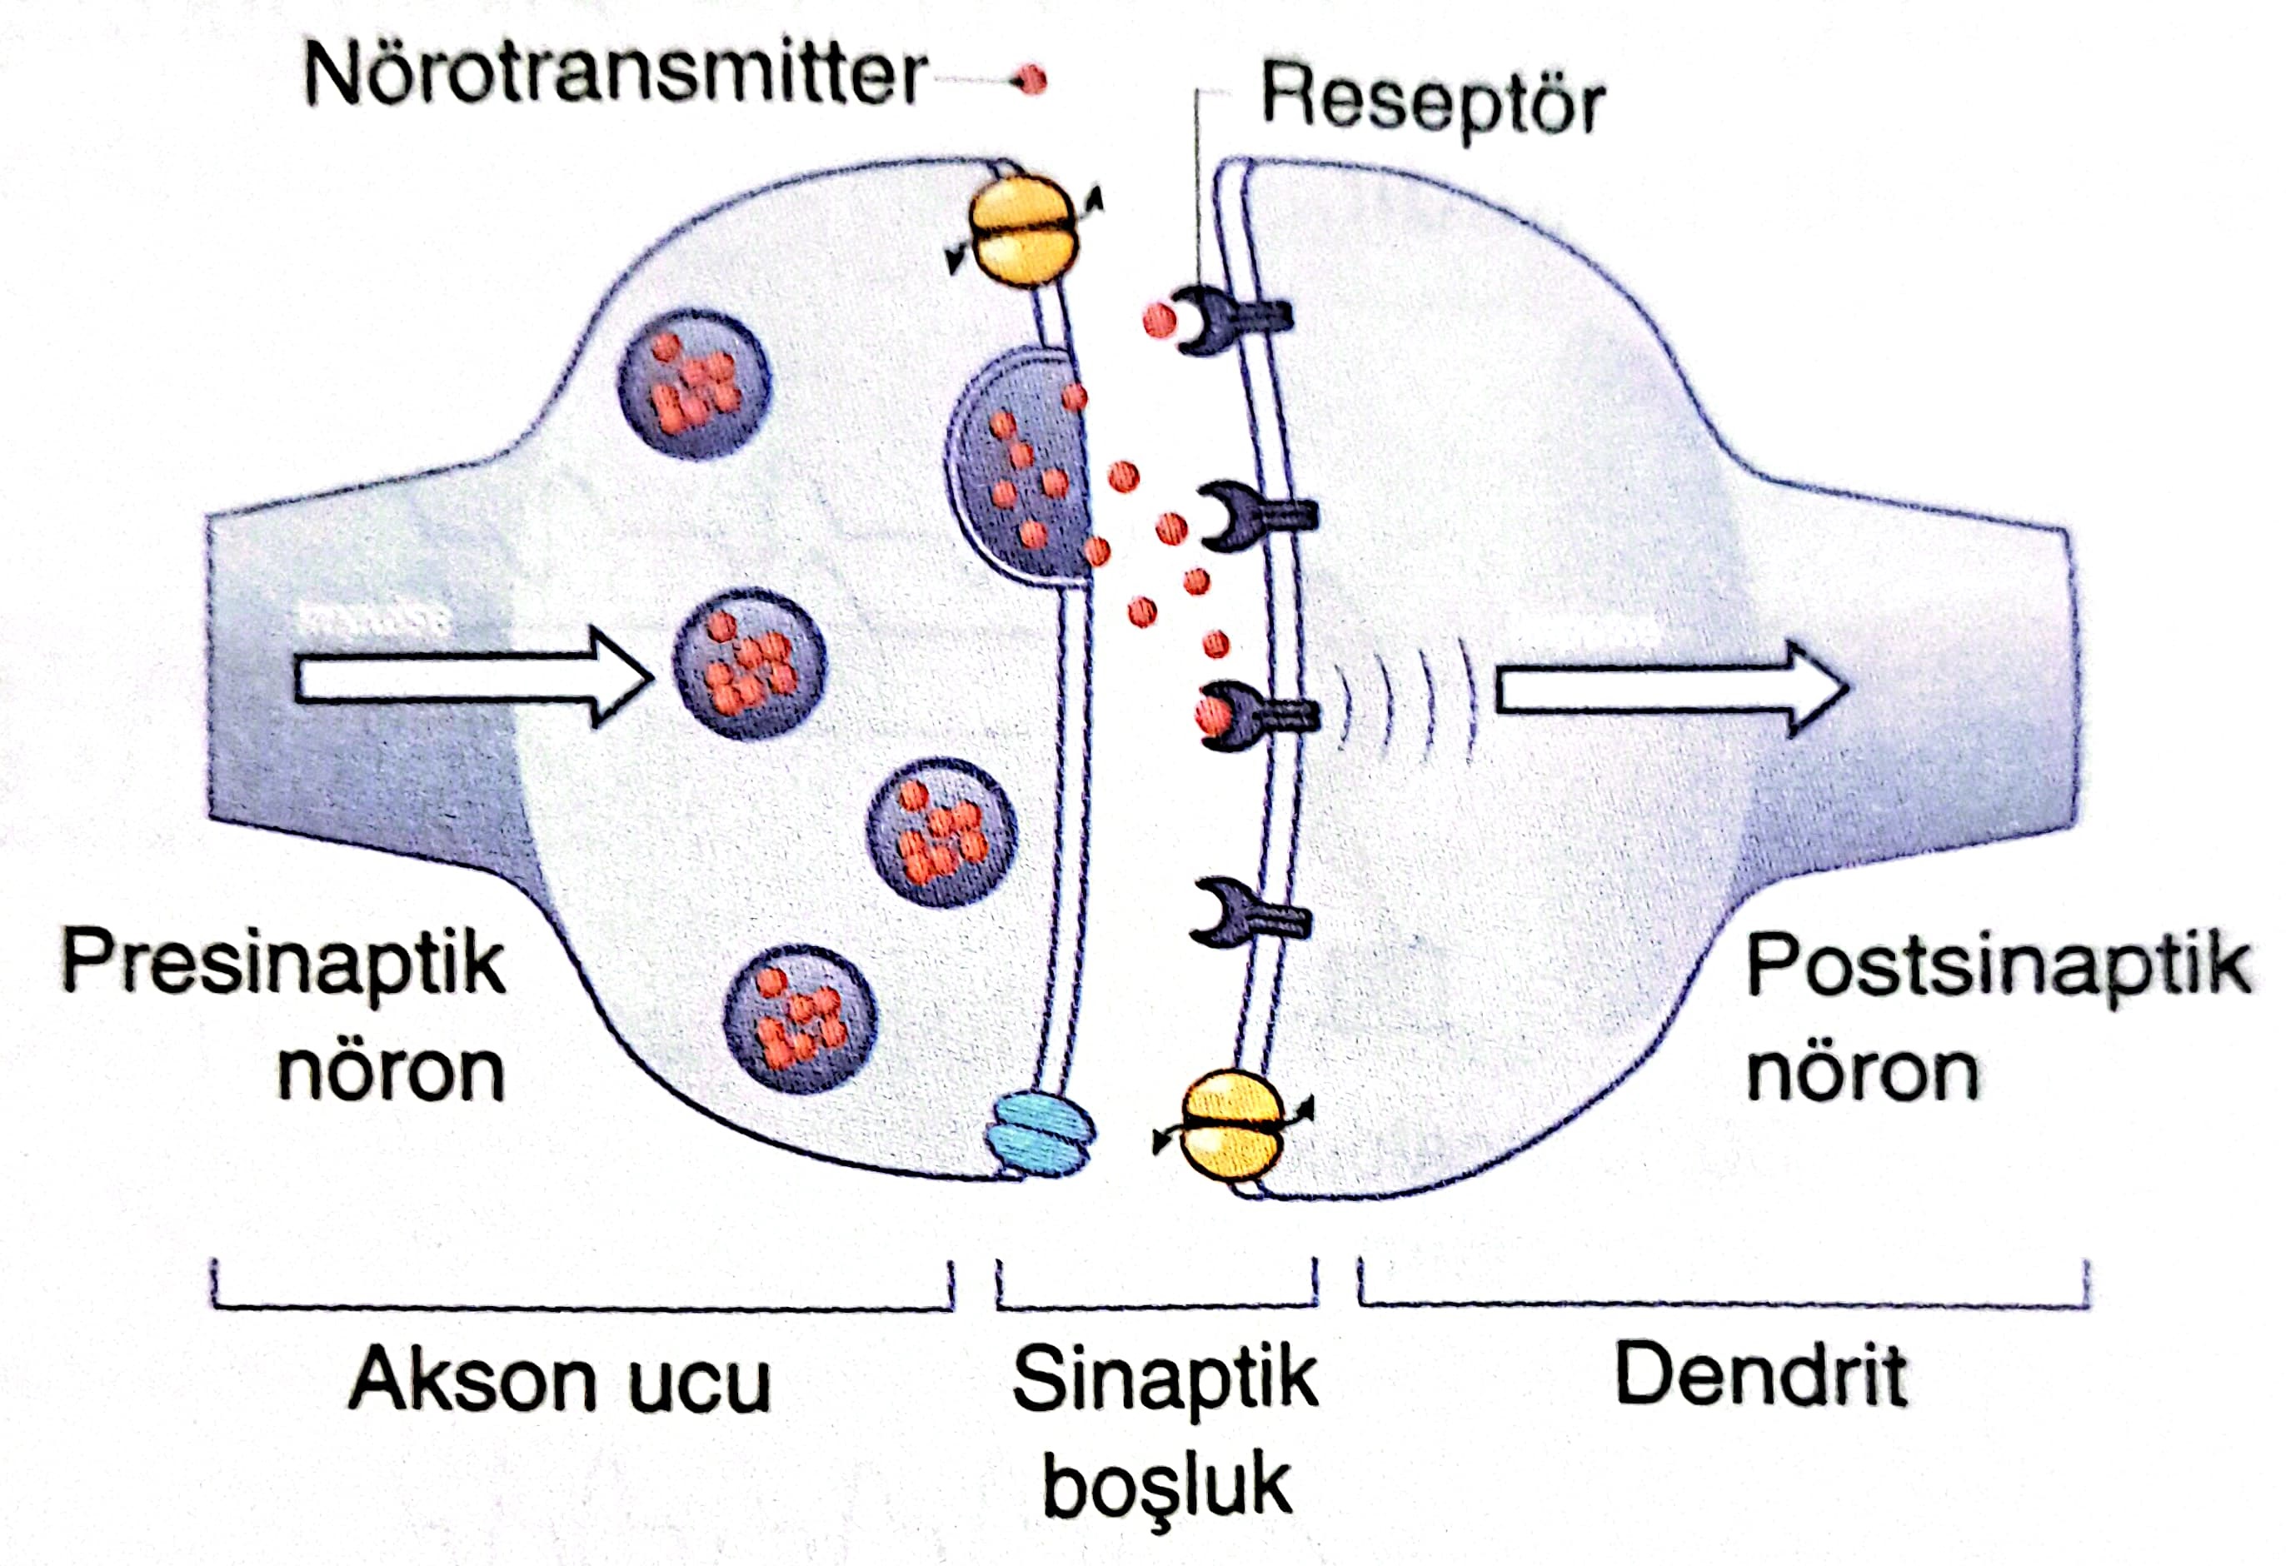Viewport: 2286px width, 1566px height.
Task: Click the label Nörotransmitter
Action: point(615,76)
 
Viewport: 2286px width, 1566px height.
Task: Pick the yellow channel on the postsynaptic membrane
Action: point(1230,1125)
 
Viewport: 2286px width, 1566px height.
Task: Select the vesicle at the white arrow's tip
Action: point(750,664)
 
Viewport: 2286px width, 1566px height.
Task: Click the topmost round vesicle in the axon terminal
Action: point(695,384)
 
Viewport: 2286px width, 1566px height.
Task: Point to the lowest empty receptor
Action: point(1245,912)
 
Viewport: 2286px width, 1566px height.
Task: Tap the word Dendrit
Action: point(1760,1375)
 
